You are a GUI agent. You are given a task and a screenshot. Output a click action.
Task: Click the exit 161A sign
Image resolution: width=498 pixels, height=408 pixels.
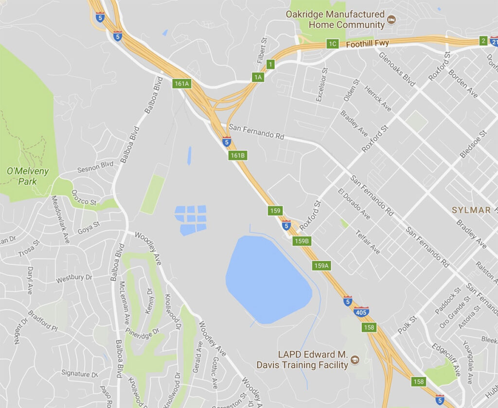pos(181,84)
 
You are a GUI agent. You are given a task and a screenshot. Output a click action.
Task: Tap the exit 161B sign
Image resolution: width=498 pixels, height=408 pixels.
pos(238,155)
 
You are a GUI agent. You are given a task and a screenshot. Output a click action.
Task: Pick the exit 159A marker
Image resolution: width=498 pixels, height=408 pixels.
pos(321,266)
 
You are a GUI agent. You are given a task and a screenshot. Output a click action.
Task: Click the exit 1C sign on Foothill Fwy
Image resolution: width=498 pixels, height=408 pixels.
pos(332,44)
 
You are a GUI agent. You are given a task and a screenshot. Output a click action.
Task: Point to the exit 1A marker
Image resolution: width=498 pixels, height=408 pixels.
pos(258,77)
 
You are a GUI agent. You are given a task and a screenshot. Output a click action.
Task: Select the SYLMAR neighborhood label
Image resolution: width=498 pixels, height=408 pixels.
pos(471,210)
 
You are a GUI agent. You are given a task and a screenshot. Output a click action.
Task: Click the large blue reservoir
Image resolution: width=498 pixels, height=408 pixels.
pos(267,280)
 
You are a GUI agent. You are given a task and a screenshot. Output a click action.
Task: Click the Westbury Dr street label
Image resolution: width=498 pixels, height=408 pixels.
pos(74,278)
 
